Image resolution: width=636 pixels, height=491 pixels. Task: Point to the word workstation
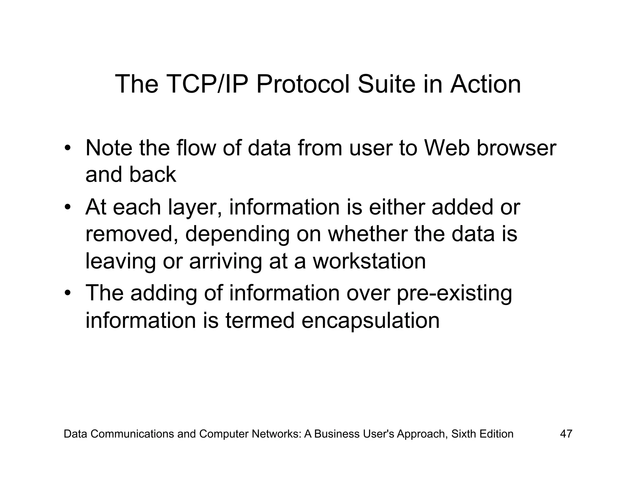click(x=369, y=261)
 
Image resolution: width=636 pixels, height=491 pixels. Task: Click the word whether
click(x=368, y=234)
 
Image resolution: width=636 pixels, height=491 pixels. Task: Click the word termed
click(x=260, y=320)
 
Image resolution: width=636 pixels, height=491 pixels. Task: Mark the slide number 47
click(x=566, y=434)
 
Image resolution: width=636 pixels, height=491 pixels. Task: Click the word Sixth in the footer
click(x=464, y=434)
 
